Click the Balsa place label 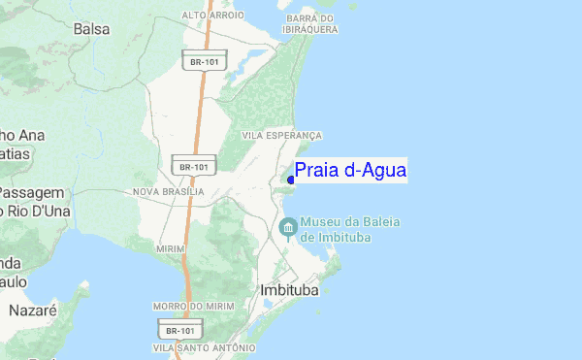pos(90,29)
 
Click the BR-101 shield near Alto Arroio pos(204,61)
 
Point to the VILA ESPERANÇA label pos(281,136)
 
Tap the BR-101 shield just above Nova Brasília pos(193,166)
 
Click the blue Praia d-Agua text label pos(350,172)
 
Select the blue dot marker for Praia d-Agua pos(291,180)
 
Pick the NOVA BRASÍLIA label pos(169,192)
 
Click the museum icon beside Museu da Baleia pos(287,227)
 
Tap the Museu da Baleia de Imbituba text pos(350,229)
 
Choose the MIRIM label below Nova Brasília pos(169,249)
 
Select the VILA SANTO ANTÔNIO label pos(204,346)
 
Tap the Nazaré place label pos(34,311)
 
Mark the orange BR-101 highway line pos(202,116)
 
